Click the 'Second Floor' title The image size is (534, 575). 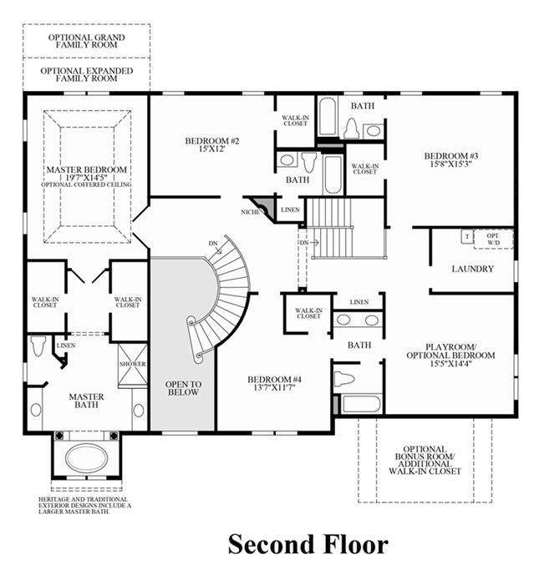308,544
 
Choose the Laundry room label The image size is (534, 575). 473,269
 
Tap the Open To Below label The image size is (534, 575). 183,388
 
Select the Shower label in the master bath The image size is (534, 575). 133,364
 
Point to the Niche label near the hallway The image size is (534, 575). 250,212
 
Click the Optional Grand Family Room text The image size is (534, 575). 87,41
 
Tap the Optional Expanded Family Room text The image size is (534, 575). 87,74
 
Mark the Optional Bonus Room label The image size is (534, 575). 425,460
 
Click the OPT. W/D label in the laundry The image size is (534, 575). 493,239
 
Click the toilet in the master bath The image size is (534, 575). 38,346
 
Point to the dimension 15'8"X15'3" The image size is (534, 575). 451,164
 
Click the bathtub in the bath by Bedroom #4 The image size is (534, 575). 361,404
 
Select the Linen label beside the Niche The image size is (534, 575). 290,209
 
